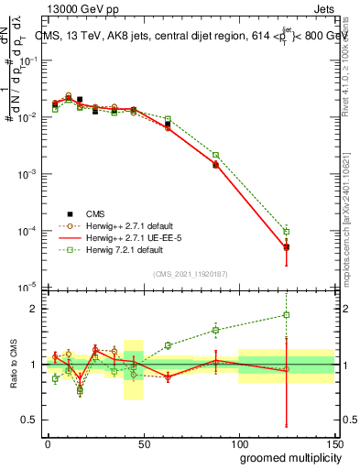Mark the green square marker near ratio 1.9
coord(287,315)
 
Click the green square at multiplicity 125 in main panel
coord(287,231)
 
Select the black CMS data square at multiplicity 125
coord(287,247)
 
